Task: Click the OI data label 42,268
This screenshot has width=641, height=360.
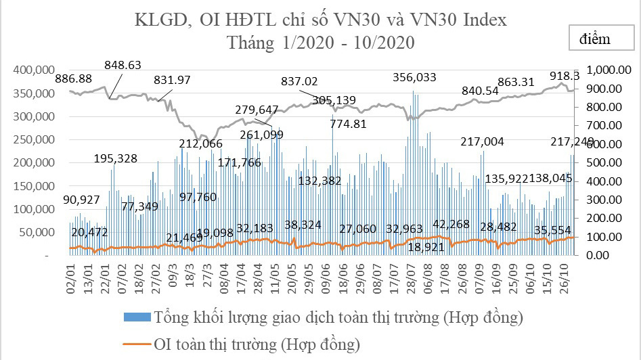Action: (x=456, y=225)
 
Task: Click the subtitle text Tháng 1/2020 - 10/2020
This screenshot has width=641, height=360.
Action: (x=321, y=43)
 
